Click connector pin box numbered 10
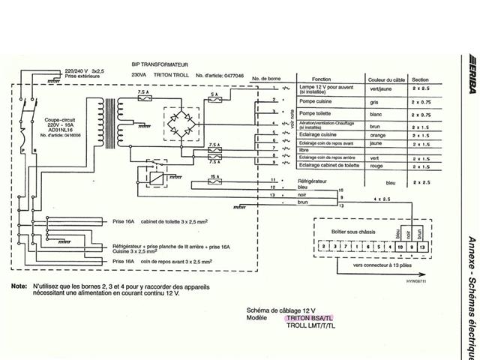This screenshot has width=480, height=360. point(398,246)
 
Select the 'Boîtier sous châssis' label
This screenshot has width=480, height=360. point(345,230)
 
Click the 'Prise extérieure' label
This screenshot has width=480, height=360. point(83,76)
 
